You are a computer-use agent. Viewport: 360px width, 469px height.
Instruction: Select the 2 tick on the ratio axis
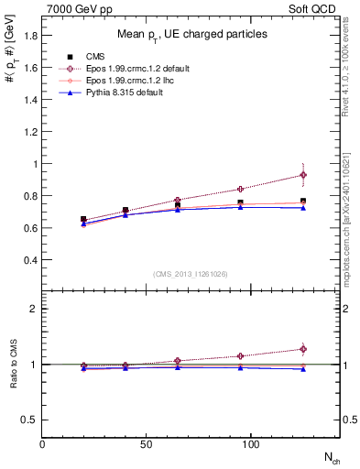(35, 309)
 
